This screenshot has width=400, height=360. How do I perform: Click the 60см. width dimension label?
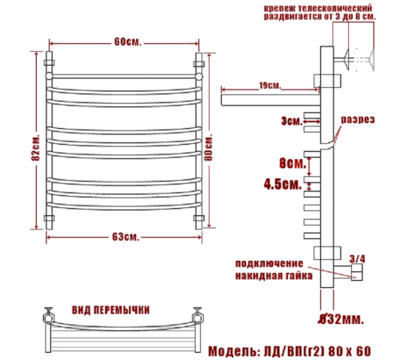pyautogui.click(x=127, y=42)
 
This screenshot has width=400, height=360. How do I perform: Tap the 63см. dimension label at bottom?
pyautogui.click(x=126, y=237)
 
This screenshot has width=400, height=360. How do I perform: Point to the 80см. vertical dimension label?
pyautogui.click(x=209, y=147)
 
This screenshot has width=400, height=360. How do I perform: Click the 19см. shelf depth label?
pyautogui.click(x=270, y=86)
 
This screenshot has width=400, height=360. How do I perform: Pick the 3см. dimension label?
pyautogui.click(x=292, y=122)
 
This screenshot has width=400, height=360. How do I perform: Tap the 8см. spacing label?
pyautogui.click(x=293, y=163)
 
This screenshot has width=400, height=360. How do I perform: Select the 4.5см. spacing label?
pyautogui.click(x=283, y=184)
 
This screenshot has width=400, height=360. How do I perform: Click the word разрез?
pyautogui.click(x=358, y=120)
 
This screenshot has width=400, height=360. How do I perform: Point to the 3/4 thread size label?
pyautogui.click(x=358, y=259)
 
